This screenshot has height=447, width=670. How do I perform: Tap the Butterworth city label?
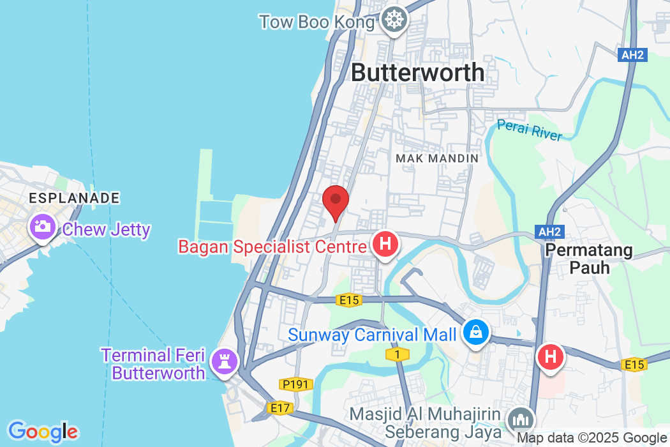pos(418,72)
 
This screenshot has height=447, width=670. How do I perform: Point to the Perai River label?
pos(530,130)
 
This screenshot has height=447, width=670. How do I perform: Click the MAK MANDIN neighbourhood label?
pos(436,158)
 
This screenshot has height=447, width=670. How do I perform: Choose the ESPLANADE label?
pos(74,198)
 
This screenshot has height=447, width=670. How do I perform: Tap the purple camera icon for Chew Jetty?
pos(43,227)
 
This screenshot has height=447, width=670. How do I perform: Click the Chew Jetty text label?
pos(107,229)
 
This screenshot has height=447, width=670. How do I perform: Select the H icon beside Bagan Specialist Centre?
pos(385,245)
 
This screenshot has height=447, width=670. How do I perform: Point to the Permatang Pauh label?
pos(588,259)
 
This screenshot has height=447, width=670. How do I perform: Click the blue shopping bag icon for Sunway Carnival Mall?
pos(476,332)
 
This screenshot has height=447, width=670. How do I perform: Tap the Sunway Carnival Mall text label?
pos(372,334)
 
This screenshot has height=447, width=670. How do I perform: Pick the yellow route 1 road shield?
pos(397,353)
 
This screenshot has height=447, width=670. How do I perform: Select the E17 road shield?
pos(279,407)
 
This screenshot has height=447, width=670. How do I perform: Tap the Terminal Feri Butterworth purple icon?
pos(225,361)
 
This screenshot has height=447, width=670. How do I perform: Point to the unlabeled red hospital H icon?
pos(551,356)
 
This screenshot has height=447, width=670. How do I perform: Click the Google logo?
pos(43,432)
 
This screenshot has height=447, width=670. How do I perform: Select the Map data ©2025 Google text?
pos(591,438)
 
